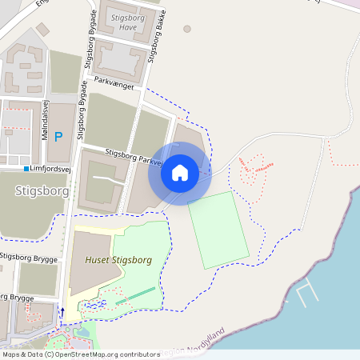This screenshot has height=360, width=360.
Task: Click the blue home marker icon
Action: (180, 172)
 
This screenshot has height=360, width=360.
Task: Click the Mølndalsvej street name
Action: (46, 125)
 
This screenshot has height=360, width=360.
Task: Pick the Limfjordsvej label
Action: (54, 168)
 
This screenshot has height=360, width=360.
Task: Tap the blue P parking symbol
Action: (58, 137)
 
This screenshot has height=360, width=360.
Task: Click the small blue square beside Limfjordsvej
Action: (26, 169)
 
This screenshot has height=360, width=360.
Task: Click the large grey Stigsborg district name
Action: (42, 192)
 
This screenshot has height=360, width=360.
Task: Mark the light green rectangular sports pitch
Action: (218, 230)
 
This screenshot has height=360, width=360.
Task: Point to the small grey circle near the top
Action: (187, 29)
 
